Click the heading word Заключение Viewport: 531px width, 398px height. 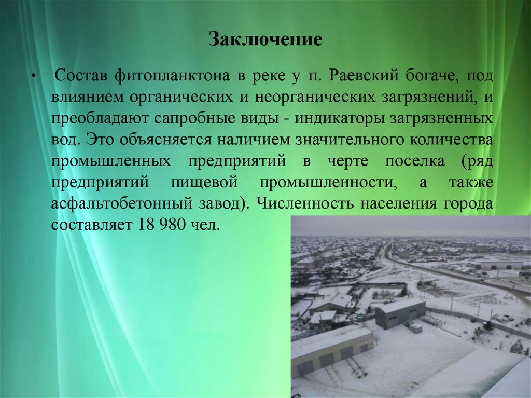(x=265, y=40)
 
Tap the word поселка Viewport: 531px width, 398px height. (x=415, y=161)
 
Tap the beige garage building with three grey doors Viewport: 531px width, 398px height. (x=332, y=352)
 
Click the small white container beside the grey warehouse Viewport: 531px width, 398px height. (x=416, y=327)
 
